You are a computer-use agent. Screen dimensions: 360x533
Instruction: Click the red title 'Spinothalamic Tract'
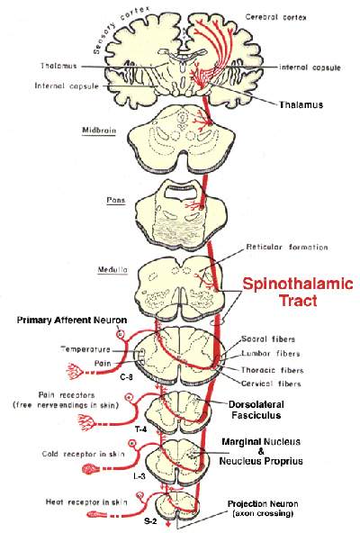point(298,292)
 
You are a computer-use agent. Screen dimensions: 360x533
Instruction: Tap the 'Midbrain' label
point(99,131)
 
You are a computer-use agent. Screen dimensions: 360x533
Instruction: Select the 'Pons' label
point(116,200)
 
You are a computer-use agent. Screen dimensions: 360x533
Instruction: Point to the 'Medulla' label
point(112,270)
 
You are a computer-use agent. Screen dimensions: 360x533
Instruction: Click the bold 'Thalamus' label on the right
point(301,104)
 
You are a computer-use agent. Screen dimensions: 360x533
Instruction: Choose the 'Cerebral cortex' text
point(275,17)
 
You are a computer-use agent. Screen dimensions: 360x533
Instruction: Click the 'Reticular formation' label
point(287,247)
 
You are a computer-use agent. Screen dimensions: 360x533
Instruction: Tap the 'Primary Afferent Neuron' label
point(72,321)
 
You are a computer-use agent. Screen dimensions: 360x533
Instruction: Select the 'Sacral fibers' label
point(268,339)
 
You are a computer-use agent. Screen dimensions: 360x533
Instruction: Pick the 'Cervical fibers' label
point(271,384)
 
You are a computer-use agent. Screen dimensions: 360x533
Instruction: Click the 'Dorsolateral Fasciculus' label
point(256,410)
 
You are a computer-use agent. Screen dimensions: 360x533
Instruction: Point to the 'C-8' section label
point(126,377)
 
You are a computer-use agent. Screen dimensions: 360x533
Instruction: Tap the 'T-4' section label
point(141,429)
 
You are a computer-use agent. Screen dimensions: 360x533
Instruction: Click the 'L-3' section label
point(139,476)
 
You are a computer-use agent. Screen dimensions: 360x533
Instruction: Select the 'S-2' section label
point(147,522)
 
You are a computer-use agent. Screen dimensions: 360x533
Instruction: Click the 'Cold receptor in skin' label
point(84,454)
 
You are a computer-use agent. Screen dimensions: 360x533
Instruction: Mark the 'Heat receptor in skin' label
point(86,502)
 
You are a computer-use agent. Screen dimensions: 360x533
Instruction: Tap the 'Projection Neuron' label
point(263,504)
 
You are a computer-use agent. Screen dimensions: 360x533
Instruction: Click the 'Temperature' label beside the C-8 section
point(85,349)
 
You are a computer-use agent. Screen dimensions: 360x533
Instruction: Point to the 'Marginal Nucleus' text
point(261,442)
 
